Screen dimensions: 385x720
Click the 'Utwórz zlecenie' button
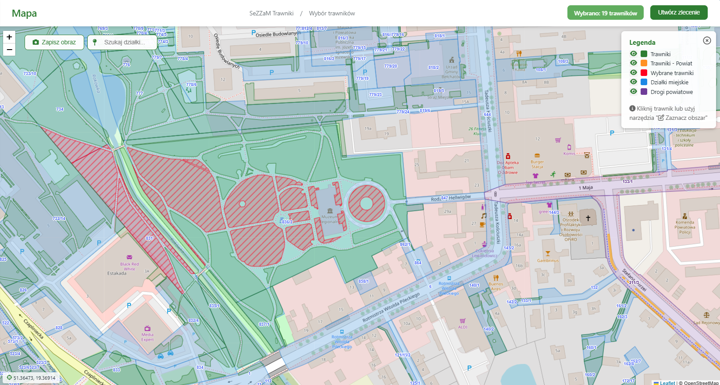point(678,13)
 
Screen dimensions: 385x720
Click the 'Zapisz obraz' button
point(54,42)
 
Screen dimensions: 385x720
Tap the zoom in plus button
point(9,37)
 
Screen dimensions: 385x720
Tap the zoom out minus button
point(9,50)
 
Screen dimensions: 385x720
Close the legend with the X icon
point(707,40)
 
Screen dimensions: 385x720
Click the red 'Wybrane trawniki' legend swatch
point(644,73)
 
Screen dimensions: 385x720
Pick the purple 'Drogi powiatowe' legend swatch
point(644,92)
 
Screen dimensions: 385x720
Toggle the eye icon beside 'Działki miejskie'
point(633,82)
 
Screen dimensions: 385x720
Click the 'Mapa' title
point(24,14)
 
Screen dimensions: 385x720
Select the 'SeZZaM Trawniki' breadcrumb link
point(271,13)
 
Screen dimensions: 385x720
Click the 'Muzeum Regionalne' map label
point(330,219)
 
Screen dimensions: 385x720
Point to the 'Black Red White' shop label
point(129,266)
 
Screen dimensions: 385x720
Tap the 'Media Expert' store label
point(147,337)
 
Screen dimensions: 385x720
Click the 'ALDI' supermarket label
point(463,327)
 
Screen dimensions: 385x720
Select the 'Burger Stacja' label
point(537,164)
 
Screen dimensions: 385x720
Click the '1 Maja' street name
point(585,188)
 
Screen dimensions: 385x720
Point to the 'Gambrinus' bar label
point(548,260)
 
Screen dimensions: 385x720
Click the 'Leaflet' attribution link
point(667,383)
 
